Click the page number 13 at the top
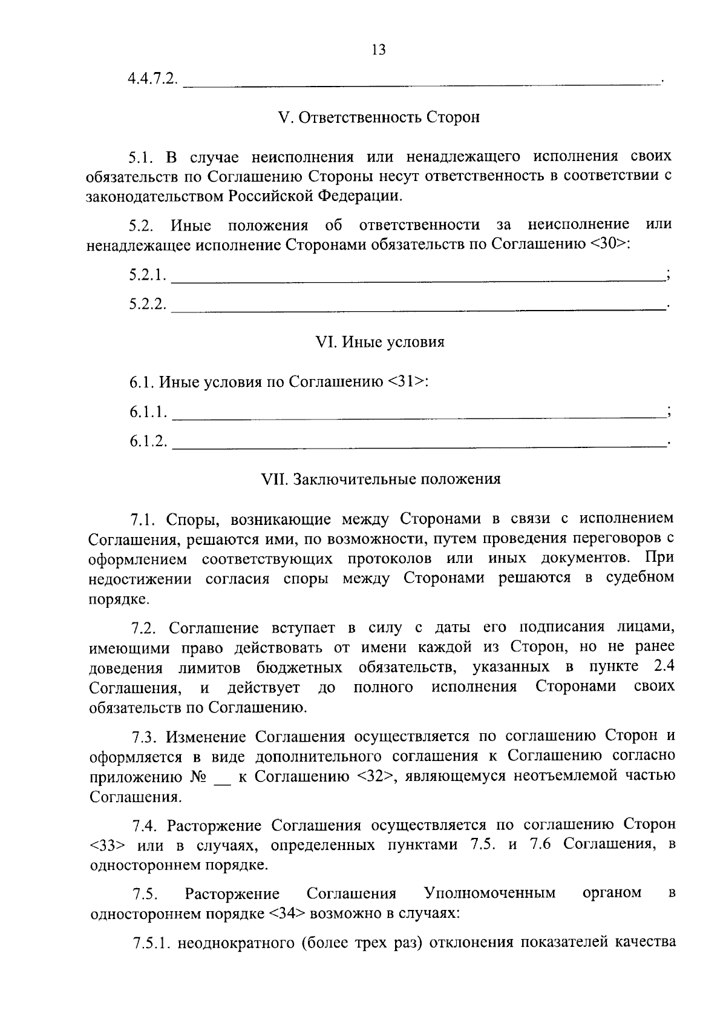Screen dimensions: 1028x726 379,50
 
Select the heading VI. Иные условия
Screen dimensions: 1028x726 380,343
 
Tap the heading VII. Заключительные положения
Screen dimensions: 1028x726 380,479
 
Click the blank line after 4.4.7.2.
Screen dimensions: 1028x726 422,82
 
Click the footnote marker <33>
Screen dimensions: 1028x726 107,846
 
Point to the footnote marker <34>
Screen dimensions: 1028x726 287,914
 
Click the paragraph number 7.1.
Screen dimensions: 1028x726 144,520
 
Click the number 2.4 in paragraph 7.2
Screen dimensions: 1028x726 664,667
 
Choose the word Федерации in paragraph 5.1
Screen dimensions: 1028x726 359,197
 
